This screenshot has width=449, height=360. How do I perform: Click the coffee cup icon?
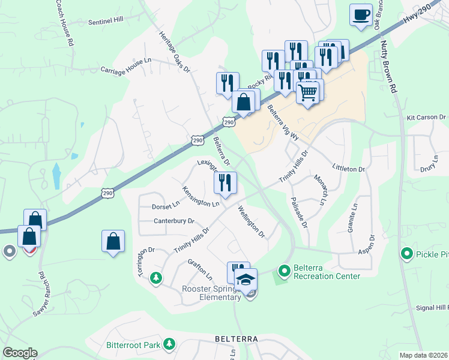tap(361, 14)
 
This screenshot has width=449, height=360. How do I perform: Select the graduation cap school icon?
tap(246, 280)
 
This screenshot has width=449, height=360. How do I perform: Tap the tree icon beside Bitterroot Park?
tap(170, 344)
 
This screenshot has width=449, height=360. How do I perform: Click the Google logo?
tap(20, 353)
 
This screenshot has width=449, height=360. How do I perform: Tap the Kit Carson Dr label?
tap(427, 118)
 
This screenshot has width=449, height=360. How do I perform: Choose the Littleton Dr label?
tap(348, 170)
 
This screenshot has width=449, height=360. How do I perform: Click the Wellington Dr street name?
tap(251, 221)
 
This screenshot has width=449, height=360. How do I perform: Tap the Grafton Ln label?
tap(200, 269)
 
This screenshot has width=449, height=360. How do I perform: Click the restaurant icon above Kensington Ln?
tap(225, 182)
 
